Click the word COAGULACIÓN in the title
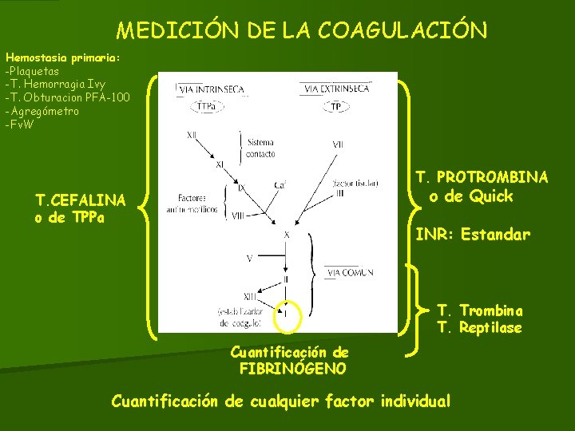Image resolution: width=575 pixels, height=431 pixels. point(402,30)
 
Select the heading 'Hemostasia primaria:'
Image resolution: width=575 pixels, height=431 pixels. point(62,57)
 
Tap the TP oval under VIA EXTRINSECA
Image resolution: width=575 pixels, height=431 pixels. point(336,105)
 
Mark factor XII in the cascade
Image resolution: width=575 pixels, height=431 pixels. point(192,136)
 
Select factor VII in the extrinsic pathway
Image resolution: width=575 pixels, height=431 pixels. point(339,144)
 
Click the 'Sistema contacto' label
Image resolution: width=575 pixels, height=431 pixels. point(261,148)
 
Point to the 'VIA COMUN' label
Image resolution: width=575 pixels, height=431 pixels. point(349,273)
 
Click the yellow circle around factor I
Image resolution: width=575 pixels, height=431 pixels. point(286,314)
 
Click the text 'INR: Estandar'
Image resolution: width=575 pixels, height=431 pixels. point(473,235)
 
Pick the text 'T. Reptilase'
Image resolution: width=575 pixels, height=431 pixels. point(479,328)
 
